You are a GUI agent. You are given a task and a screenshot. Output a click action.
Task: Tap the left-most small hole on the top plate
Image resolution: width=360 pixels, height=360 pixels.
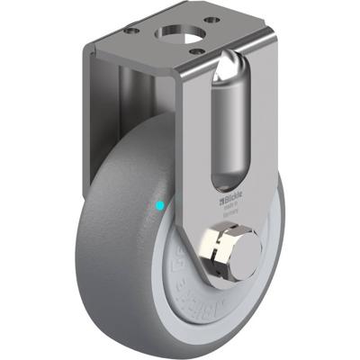pos(132,30)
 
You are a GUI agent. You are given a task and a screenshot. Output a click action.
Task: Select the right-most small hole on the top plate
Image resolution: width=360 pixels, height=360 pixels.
pos(212,20)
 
